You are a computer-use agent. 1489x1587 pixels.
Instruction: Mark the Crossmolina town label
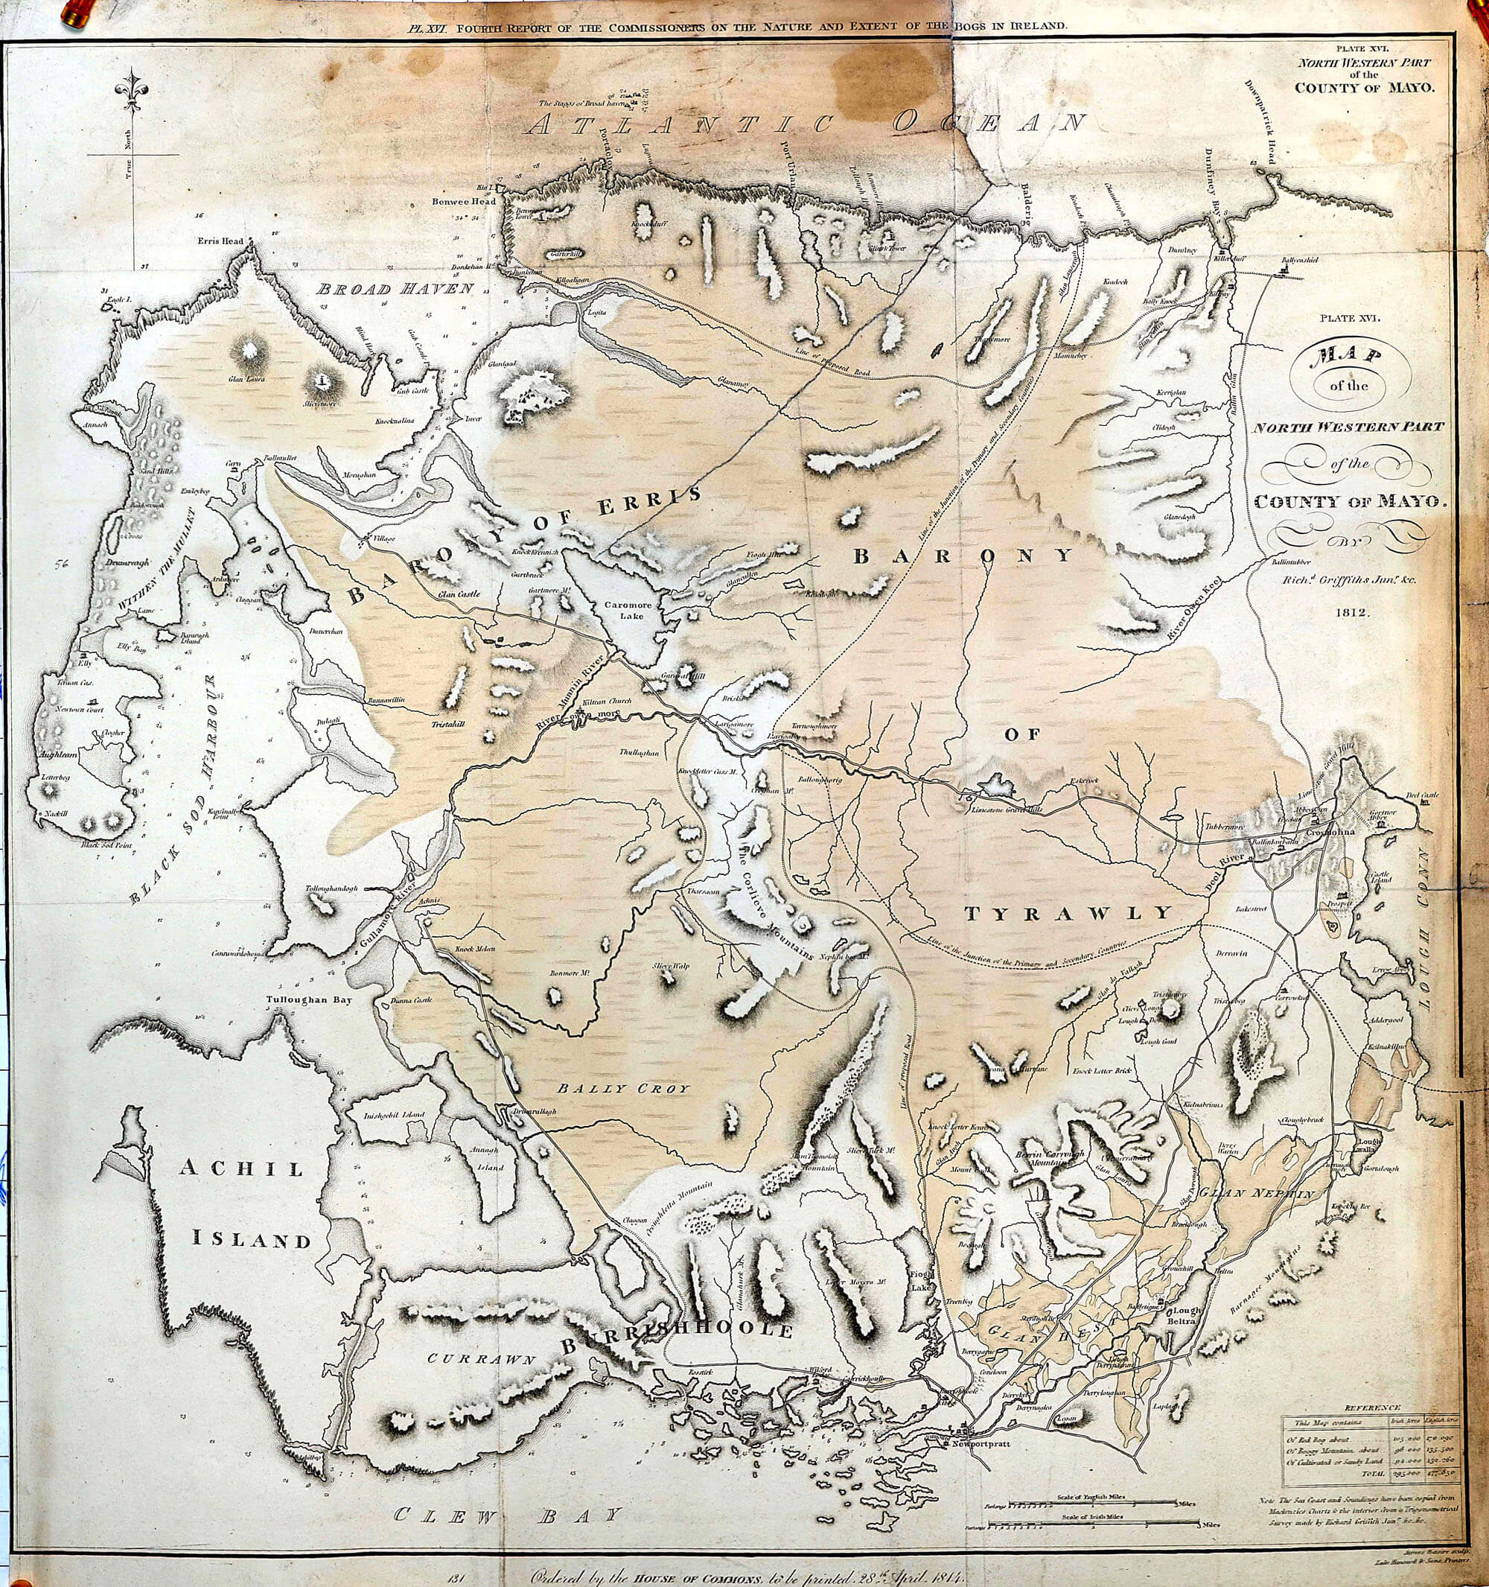[x=1334, y=833]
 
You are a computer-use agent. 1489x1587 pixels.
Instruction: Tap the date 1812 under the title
[x=1349, y=613]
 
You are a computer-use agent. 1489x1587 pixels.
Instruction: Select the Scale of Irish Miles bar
[x=1093, y=1527]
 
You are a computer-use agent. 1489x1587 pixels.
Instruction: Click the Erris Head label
[x=222, y=241]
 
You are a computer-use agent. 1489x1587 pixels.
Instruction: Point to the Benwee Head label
[x=464, y=201]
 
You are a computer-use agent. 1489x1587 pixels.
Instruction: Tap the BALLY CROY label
[x=622, y=1088]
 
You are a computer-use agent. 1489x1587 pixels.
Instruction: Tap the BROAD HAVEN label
[x=395, y=289]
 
